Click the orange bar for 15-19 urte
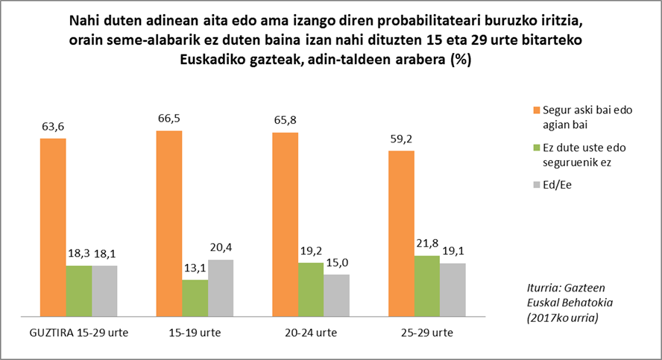[x=169, y=222]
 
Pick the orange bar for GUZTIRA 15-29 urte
[x=53, y=226]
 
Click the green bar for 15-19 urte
[x=195, y=297]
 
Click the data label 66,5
[x=170, y=119]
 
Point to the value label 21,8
[x=428, y=244]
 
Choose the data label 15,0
[x=337, y=262]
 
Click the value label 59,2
[x=401, y=139]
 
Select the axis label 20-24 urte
[x=312, y=332]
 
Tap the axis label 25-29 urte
[x=427, y=332]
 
